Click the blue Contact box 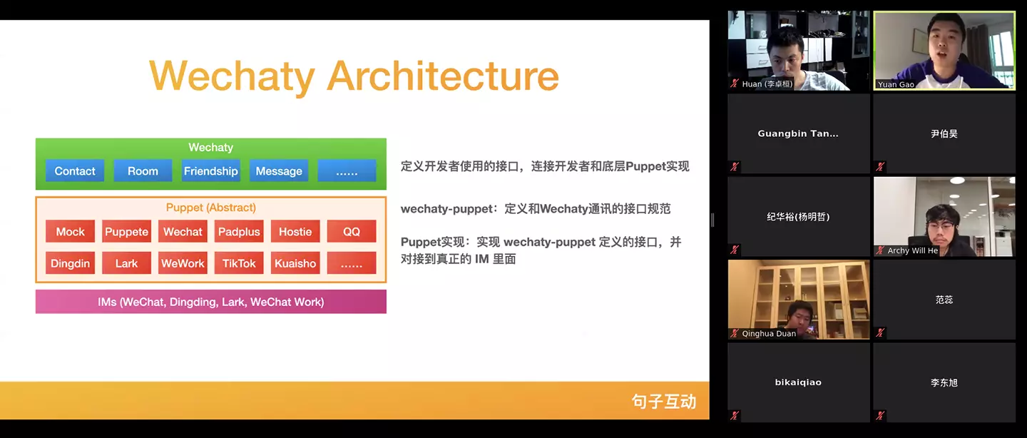75,171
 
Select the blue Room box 143,171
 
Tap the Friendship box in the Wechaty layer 210,171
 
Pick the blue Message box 279,171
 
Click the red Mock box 70,232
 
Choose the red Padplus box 239,232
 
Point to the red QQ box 352,232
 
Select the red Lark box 126,263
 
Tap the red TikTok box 239,263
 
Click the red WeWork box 183,263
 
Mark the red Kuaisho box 295,263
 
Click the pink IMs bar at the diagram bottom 210,302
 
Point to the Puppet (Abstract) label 210,208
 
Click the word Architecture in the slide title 442,76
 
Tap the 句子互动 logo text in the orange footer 663,402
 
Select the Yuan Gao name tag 896,84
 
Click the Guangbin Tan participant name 798,133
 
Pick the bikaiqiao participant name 798,382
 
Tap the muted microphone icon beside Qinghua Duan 734,333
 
